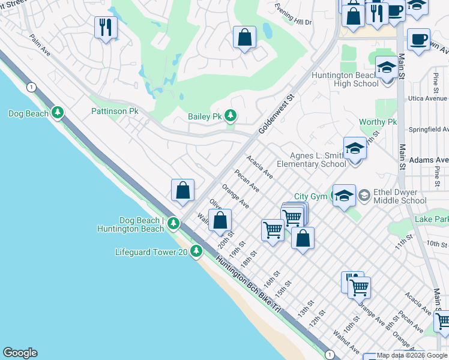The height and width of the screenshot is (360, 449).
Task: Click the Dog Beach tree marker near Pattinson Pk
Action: point(58,113)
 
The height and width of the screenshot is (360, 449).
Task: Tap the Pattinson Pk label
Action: point(115,111)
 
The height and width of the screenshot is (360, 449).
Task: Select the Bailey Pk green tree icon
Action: point(230,116)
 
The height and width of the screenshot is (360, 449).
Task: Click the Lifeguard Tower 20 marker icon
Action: point(196,252)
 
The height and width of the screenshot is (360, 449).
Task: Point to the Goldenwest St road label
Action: point(277,113)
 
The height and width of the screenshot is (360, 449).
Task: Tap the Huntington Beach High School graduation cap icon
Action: point(386,67)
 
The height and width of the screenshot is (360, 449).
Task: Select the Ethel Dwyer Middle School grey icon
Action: point(363,196)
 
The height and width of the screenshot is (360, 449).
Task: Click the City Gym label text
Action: point(311,196)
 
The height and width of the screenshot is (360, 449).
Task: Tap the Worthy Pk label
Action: point(378,122)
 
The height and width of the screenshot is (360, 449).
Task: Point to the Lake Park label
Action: point(431,220)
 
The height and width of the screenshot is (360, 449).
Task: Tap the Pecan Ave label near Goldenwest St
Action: point(247,181)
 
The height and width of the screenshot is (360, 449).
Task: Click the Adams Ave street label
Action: point(428,160)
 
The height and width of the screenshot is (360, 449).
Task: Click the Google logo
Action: point(20,353)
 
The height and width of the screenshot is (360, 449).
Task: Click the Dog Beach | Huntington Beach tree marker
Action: point(173,224)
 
